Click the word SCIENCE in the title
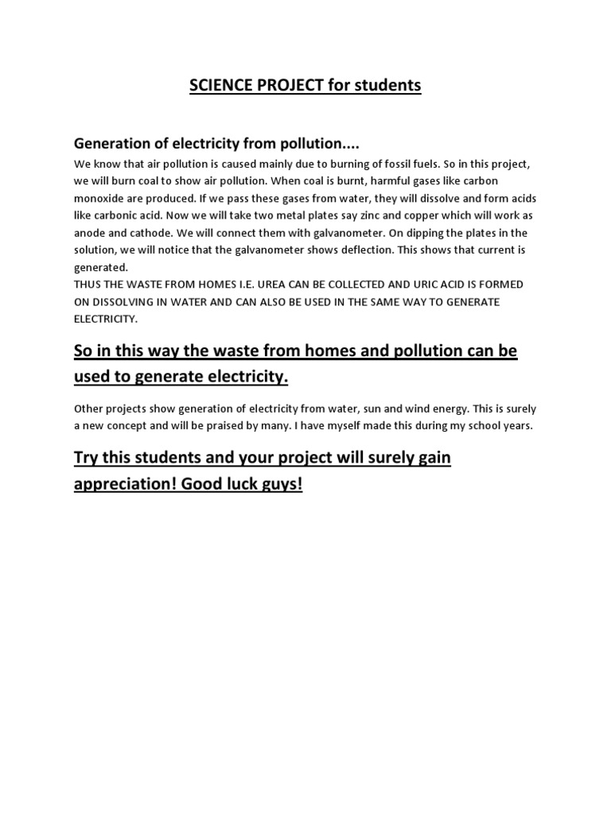click(219, 85)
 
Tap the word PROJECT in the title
click(287, 85)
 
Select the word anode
click(92, 233)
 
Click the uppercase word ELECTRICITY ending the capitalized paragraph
click(106, 320)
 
